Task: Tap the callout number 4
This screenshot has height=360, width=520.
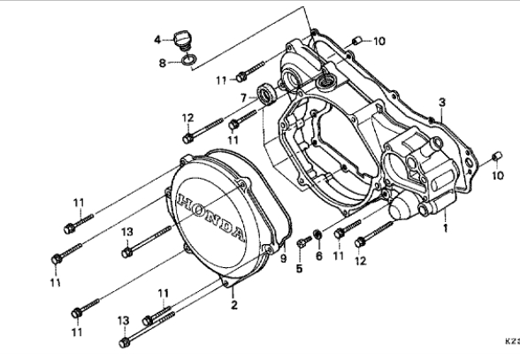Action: click(157, 40)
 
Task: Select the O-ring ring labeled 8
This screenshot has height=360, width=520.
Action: click(188, 60)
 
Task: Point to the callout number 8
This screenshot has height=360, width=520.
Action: click(162, 63)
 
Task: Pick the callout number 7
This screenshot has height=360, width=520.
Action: click(244, 98)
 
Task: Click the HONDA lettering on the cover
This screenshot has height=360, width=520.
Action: click(210, 216)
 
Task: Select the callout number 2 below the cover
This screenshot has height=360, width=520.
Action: click(234, 304)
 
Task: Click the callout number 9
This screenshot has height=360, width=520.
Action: click(283, 258)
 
